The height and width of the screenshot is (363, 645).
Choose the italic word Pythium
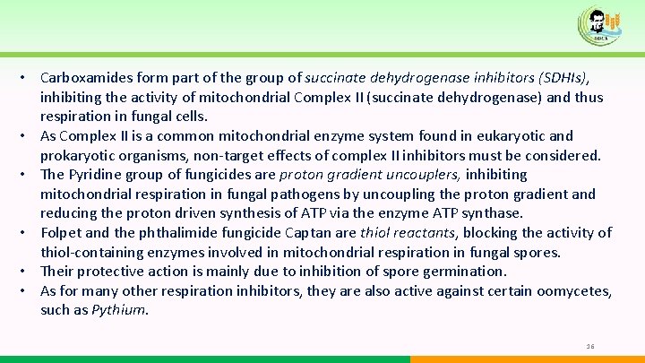tap(120, 310)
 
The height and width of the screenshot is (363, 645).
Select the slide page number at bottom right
tap(590, 346)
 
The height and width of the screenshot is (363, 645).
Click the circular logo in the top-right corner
tap(598, 24)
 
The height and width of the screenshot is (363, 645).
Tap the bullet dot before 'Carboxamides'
tap(28, 78)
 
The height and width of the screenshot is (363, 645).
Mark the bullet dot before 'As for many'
tap(28, 291)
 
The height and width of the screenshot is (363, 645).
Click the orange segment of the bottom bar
tap(528, 359)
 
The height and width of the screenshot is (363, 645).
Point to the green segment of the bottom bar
tap(205, 359)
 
